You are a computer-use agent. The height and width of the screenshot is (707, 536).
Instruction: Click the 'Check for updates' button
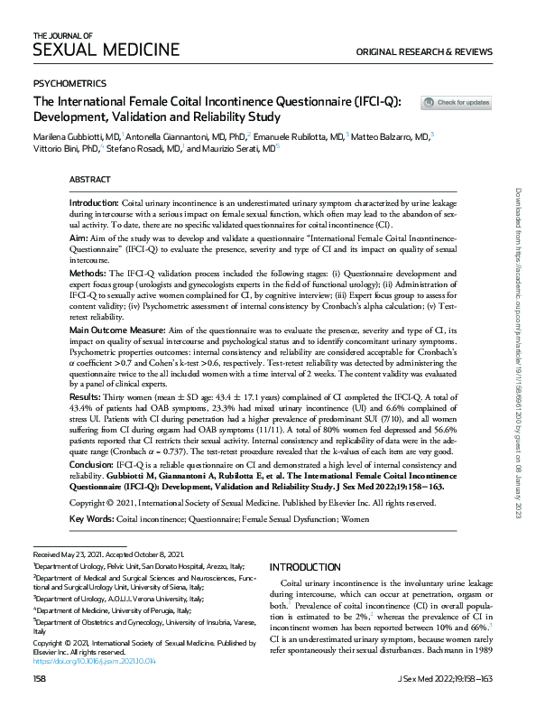click(x=457, y=103)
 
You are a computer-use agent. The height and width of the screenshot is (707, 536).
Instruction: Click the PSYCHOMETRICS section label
click(x=69, y=82)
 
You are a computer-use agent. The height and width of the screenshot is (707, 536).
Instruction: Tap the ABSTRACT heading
click(x=90, y=181)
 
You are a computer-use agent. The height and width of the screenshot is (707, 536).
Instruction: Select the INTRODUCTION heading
click(x=306, y=567)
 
